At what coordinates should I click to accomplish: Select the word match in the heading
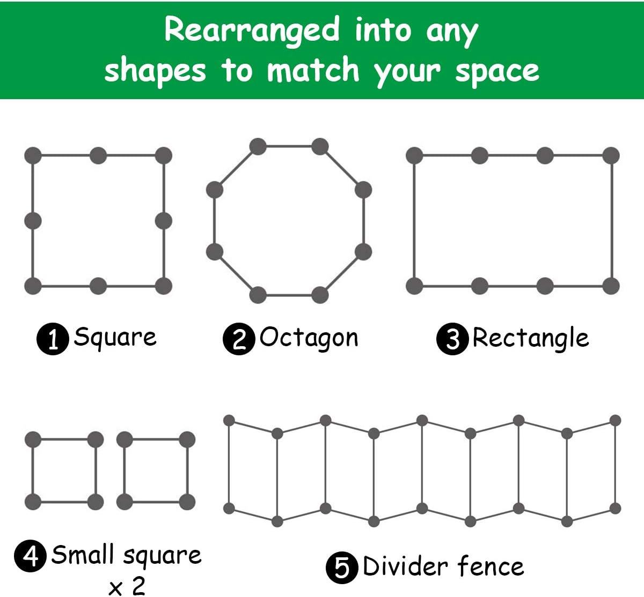[313, 70]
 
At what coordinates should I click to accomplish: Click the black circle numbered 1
[53, 339]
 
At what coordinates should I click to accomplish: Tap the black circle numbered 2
[239, 339]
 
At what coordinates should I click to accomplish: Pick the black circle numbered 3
[452, 339]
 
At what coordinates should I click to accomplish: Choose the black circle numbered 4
[31, 556]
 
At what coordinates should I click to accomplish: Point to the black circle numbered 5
[342, 568]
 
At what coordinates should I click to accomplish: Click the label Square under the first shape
[115, 338]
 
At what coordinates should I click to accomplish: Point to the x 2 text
[127, 586]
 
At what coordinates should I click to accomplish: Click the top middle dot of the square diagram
[98, 155]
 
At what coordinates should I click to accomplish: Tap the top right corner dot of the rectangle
[611, 155]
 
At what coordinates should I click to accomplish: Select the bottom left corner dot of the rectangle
[414, 286]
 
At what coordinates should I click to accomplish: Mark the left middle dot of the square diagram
[33, 220]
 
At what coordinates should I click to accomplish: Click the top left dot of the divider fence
[229, 420]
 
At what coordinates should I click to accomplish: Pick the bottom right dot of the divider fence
[616, 508]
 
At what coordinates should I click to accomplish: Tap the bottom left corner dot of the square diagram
[33, 286]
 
